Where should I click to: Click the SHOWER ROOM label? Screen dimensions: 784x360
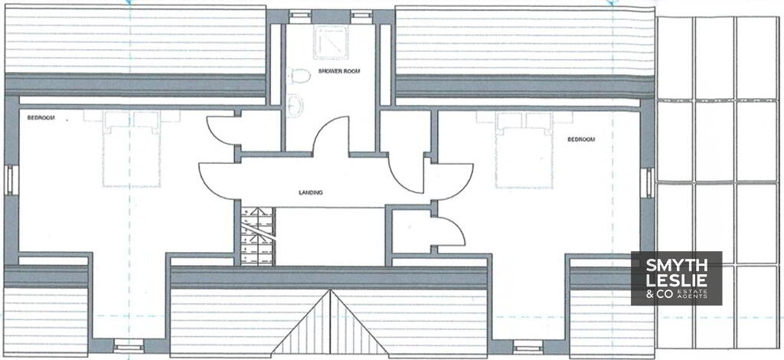(339, 71)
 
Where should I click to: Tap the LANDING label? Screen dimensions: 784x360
(311, 192)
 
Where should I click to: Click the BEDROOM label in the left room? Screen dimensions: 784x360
(41, 118)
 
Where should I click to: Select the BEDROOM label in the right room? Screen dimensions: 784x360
(581, 139)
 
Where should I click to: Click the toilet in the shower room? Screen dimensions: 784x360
(299, 76)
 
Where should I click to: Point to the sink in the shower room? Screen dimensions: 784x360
(295, 105)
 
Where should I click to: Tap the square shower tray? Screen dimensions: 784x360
(331, 42)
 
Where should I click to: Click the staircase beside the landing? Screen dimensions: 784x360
(258, 236)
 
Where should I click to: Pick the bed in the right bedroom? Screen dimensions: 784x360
(524, 149)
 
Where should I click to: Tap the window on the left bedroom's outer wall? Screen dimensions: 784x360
(9, 180)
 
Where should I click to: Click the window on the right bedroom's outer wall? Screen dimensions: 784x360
(648, 182)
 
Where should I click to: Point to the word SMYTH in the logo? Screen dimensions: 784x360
(677, 266)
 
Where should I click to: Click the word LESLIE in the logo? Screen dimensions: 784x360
(677, 280)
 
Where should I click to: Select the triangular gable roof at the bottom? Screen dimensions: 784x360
(330, 325)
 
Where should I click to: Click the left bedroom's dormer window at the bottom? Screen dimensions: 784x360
(129, 345)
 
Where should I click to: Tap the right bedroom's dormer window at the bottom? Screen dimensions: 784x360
(528, 346)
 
